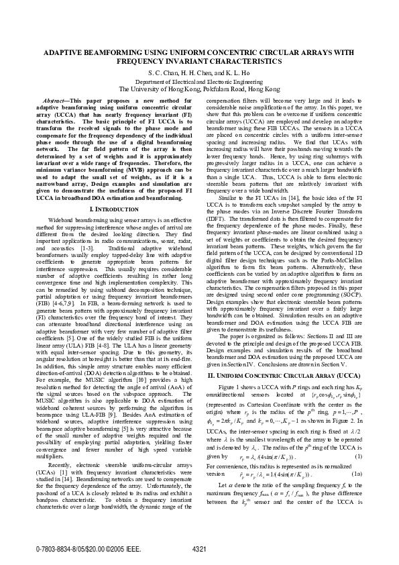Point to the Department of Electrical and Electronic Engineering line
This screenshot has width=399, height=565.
(199, 80)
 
